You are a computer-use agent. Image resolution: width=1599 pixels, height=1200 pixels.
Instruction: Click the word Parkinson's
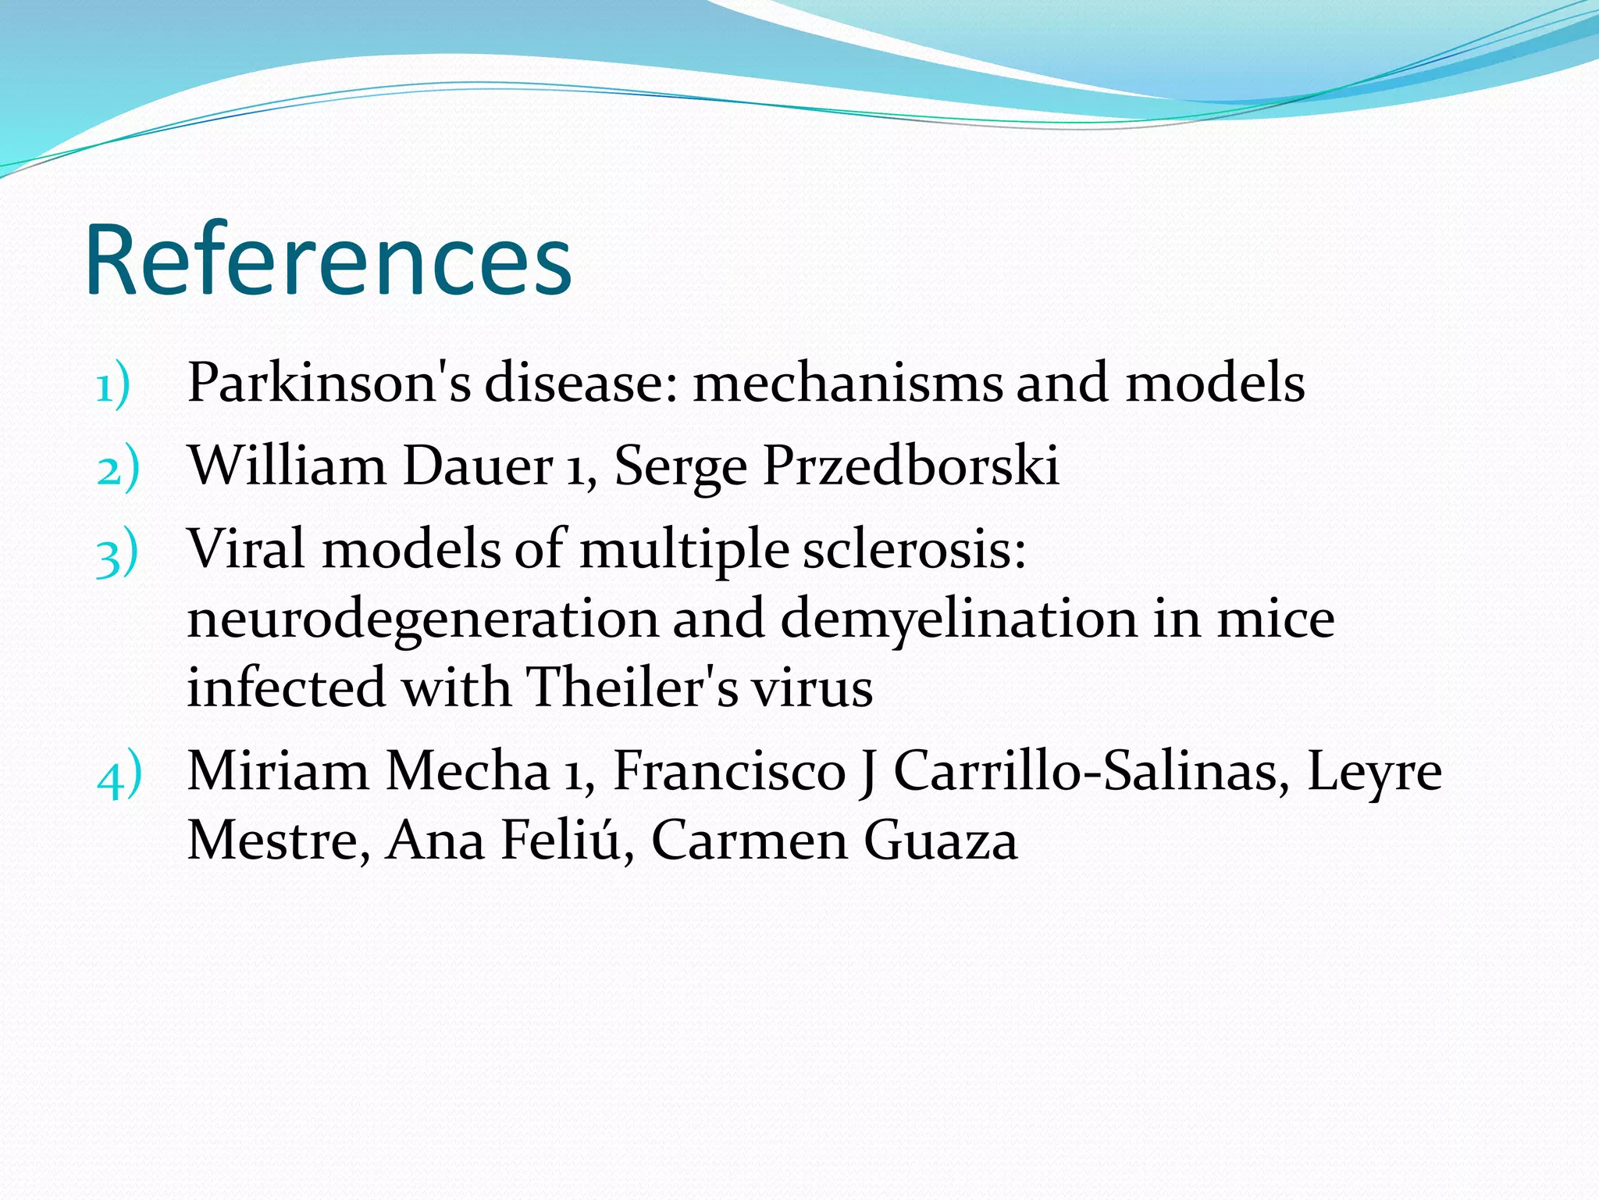[x=329, y=383]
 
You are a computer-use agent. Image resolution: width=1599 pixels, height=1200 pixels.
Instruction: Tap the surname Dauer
[x=478, y=466]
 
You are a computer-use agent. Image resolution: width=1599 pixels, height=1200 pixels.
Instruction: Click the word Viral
[x=246, y=548]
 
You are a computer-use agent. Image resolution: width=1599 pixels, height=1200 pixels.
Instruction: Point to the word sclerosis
[x=913, y=548]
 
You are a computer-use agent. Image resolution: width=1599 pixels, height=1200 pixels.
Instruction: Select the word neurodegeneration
[x=422, y=620]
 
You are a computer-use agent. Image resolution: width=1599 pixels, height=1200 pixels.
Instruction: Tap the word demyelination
[x=958, y=620]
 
